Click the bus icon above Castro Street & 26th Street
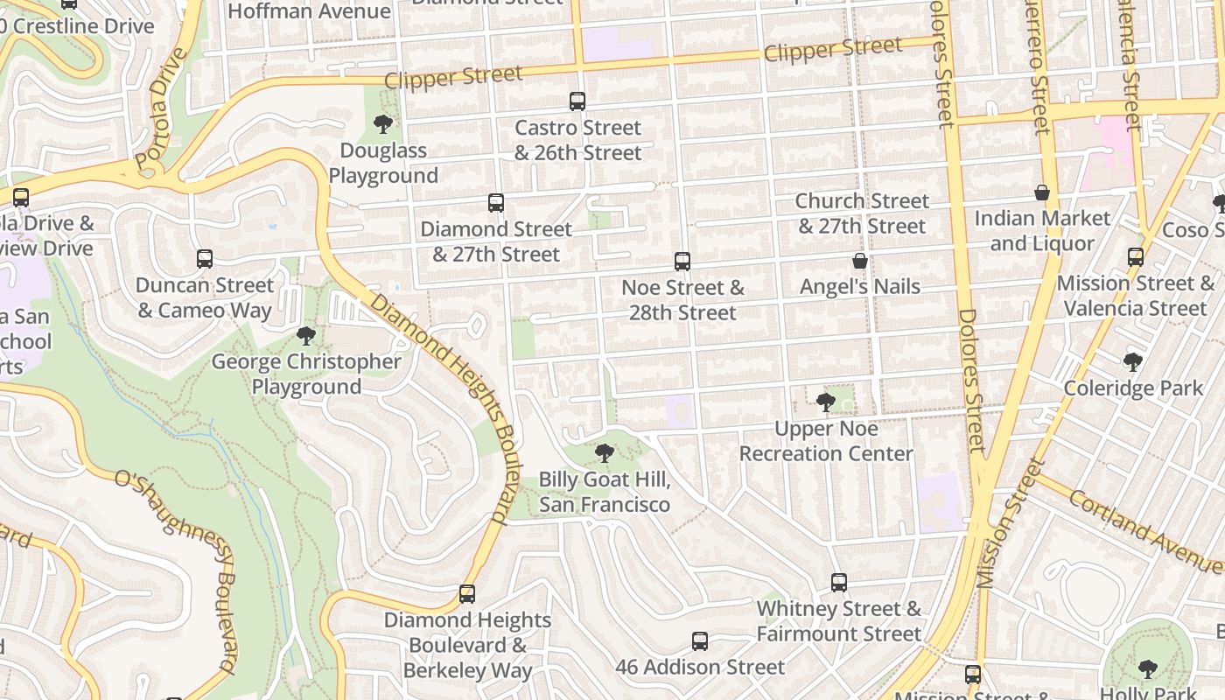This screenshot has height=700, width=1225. [577, 101]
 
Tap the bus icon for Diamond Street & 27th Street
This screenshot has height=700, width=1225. [496, 203]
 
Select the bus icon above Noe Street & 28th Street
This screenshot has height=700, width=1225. [682, 262]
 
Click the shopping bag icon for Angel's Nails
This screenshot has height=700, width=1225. [860, 261]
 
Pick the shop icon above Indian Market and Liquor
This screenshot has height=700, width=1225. [1042, 192]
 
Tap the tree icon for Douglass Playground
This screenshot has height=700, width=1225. [382, 124]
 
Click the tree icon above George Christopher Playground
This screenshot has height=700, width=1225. [306, 336]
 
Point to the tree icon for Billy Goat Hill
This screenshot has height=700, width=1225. [604, 453]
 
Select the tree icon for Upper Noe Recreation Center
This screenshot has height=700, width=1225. [825, 402]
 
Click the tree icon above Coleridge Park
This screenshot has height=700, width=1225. [1133, 362]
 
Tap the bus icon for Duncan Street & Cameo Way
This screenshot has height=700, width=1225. [205, 259]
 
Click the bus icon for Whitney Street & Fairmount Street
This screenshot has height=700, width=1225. [839, 583]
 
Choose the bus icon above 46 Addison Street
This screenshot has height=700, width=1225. [700, 641]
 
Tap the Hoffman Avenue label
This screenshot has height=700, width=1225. [309, 11]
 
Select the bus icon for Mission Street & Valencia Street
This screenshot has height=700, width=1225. [1136, 257]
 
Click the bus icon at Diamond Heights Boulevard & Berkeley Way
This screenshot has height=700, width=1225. [467, 594]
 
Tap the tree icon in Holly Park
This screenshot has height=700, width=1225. [1148, 670]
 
